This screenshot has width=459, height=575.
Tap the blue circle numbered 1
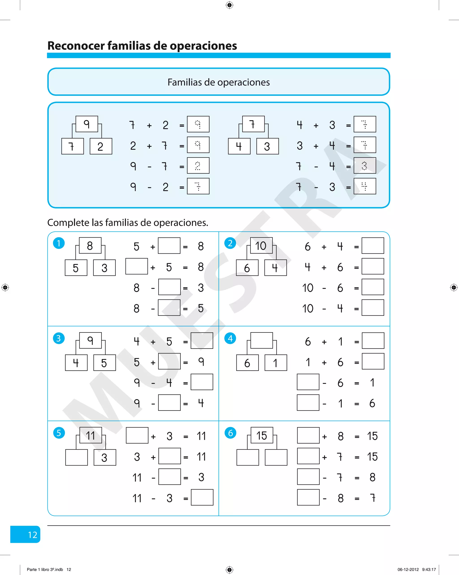click(59, 243)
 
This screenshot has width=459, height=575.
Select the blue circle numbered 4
click(230, 338)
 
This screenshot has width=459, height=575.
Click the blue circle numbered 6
click(230, 433)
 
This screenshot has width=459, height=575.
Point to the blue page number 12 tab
click(25, 534)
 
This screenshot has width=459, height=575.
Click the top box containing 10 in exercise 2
click(261, 245)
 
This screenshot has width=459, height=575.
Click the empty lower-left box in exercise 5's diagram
click(76, 457)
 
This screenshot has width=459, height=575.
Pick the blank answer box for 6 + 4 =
click(373, 246)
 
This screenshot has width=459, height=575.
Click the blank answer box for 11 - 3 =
click(202, 497)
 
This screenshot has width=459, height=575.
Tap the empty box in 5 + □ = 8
click(169, 246)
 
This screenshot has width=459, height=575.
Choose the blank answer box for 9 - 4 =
click(202, 382)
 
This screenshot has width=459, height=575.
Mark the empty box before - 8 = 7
click(308, 497)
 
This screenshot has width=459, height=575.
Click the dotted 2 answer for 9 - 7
click(198, 166)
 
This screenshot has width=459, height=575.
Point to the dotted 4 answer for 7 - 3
click(365, 186)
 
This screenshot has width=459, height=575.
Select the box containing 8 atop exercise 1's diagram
click(90, 245)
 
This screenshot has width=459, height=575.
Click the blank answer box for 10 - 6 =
click(373, 287)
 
